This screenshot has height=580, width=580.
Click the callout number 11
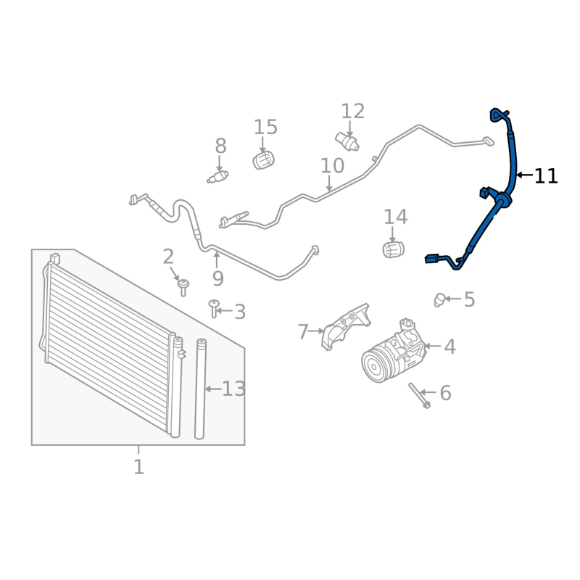pos(546,176)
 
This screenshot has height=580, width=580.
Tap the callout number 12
pos(352,112)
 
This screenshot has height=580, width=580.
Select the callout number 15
pos(265,128)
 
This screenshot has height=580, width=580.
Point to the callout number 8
pos(220,146)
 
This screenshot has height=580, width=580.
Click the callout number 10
pos(332,166)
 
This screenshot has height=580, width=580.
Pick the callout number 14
pos(395,217)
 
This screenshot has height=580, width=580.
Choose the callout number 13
pos(233,389)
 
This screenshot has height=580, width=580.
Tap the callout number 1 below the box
pos(138,467)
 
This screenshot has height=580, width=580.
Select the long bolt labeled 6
pos(419,395)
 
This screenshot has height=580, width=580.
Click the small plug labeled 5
pos(439,299)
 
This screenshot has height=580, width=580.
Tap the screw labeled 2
pos(183,287)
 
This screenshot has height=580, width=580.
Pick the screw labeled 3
pos(214,308)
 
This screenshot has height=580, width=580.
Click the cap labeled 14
pos(393,249)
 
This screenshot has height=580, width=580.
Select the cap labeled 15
pos(263,160)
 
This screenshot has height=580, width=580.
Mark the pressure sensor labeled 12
pos(347,141)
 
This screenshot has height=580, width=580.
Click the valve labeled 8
pos(218,177)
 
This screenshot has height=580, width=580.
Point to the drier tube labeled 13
pos(200,389)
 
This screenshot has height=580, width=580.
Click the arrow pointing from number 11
pos(524,175)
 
